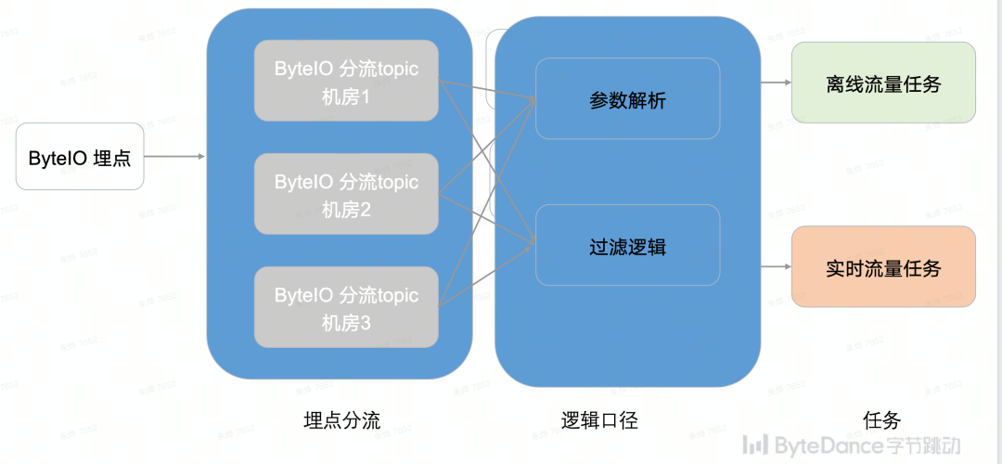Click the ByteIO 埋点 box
pyautogui.click(x=80, y=157)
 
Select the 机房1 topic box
pyautogui.click(x=346, y=80)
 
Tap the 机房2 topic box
pyautogui.click(x=346, y=194)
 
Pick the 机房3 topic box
pyautogui.click(x=346, y=307)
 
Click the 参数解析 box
pyautogui.click(x=627, y=98)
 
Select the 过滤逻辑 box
pyautogui.click(x=627, y=245)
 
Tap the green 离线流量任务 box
pyautogui.click(x=882, y=83)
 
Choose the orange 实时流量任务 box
pyautogui.click(x=882, y=266)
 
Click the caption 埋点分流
pyautogui.click(x=341, y=420)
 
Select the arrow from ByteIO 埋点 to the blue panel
pyautogui.click(x=175, y=157)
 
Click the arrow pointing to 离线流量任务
pyautogui.click(x=775, y=83)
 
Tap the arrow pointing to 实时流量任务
pyautogui.click(x=775, y=267)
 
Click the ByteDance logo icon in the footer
pyautogui.click(x=758, y=445)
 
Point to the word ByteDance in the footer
pyautogui.click(x=821, y=445)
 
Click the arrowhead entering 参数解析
pyautogui.click(x=532, y=98)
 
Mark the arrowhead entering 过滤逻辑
pyautogui.click(x=532, y=244)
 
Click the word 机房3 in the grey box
pyautogui.click(x=346, y=323)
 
